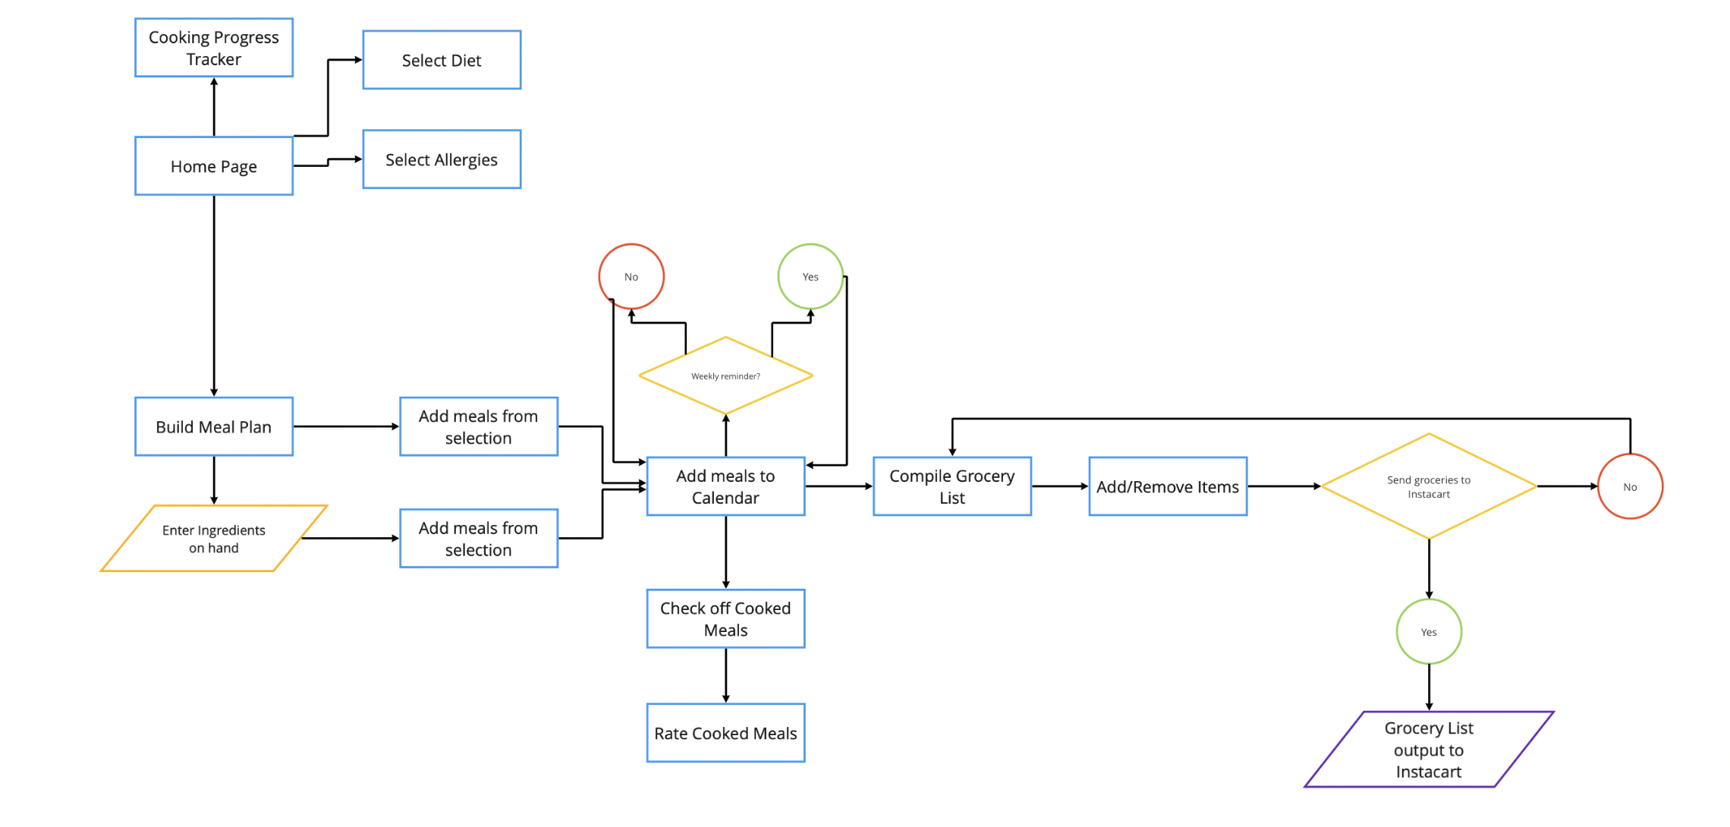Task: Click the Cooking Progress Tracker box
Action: (x=213, y=48)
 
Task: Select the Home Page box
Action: (x=213, y=166)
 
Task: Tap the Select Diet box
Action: (x=442, y=60)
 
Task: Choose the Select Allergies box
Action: (x=442, y=159)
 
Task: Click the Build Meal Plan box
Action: (x=213, y=426)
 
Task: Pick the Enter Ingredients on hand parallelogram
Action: (x=213, y=539)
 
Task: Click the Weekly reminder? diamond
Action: (x=725, y=376)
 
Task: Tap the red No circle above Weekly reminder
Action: (x=631, y=276)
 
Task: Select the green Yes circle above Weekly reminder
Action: (x=810, y=276)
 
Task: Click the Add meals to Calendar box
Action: (x=725, y=486)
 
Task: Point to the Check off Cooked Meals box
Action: (x=725, y=618)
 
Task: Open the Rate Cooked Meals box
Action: (x=725, y=733)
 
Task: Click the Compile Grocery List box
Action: (x=951, y=486)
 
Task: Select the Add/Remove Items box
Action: (x=1167, y=486)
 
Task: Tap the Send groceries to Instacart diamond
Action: (x=1428, y=486)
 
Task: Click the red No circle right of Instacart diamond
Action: (x=1630, y=486)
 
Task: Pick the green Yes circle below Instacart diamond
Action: (x=1428, y=631)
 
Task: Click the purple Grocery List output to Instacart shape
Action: (x=1428, y=750)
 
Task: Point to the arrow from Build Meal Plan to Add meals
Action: (x=345, y=426)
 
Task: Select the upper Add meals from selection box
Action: (x=478, y=426)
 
